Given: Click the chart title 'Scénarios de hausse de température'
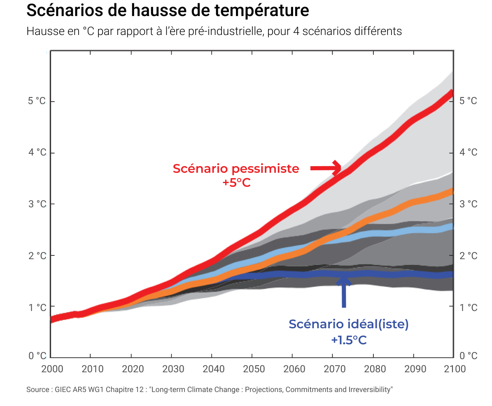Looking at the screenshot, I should pos(168,11).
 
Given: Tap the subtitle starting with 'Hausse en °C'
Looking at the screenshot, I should pos(214,31).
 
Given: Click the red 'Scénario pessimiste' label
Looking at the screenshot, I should pos(236,169).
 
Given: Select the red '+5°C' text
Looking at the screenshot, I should pos(236,183).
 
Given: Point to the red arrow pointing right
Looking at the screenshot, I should pos(326,168).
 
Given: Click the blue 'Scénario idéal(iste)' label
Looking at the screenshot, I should pos(348,324).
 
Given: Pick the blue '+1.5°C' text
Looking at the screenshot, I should pos(348,340).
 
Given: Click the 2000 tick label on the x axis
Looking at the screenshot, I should pos(52,369).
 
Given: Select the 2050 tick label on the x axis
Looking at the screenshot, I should pos(254,369).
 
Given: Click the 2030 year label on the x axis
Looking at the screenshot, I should pos(173,369).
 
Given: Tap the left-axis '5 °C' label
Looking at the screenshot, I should pos(37,101).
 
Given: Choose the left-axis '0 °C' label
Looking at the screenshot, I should pos(37,356).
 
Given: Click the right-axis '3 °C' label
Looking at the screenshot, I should pos(468,204).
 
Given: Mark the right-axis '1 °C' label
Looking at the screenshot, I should pos(468,307).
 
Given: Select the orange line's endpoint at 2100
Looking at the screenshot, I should pos(452,192).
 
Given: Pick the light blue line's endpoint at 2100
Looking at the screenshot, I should pos(452,227).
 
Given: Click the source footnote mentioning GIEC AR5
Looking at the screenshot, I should pos(210,389).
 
